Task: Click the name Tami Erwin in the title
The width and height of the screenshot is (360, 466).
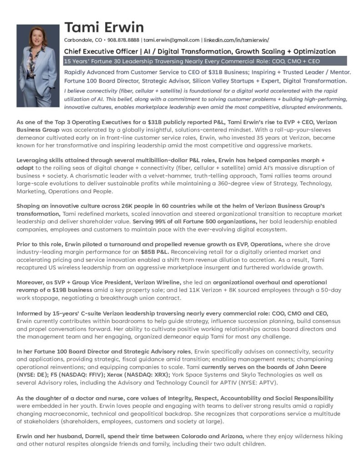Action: click(104, 27)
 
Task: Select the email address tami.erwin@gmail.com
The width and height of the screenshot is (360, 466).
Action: click(172, 40)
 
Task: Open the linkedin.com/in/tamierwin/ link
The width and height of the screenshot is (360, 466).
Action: click(236, 40)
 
